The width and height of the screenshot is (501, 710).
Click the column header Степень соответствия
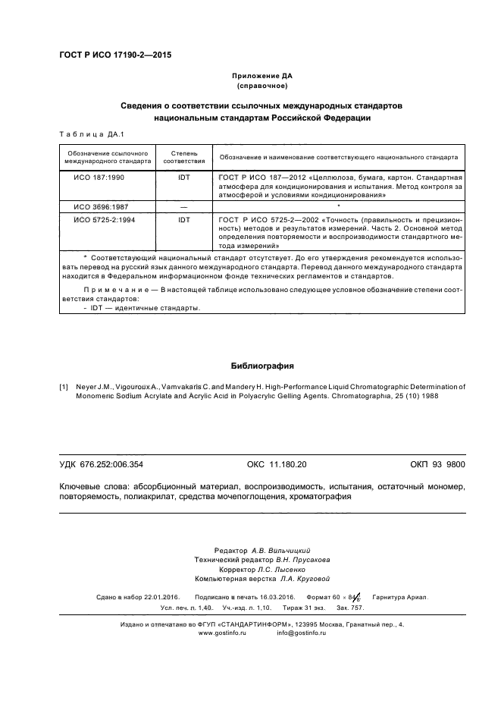[x=184, y=157]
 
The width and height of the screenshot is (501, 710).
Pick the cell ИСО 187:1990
[x=99, y=176]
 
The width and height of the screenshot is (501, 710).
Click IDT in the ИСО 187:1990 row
[x=184, y=176]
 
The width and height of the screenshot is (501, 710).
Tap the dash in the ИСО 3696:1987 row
[x=184, y=206]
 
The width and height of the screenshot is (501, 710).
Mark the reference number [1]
[x=64, y=387]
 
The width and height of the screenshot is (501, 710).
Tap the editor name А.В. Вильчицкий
[x=284, y=548]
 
